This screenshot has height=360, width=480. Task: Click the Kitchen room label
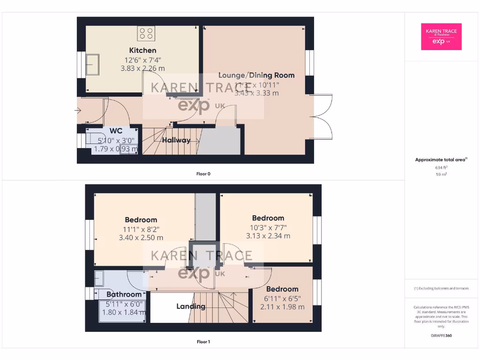pos(143,50)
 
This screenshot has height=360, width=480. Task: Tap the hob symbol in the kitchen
pos(146,33)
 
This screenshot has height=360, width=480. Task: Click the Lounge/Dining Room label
pos(256,75)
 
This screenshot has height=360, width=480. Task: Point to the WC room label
pos(116,131)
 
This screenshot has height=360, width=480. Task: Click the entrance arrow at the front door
pos(78,111)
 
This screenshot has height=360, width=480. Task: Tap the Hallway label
pos(176,140)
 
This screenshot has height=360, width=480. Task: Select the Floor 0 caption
pos(203,174)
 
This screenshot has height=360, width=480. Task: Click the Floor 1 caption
pos(203,342)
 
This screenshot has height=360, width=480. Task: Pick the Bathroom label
pos(124,294)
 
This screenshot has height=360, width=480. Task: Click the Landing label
pos(191,307)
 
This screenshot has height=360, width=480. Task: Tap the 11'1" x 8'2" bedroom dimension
pos(141,229)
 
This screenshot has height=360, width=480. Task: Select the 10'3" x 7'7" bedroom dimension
pos(268,227)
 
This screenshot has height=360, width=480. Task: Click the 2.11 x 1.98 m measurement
pos(282,307)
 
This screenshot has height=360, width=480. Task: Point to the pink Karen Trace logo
pos(441,37)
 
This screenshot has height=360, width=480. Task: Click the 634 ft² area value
pos(441,167)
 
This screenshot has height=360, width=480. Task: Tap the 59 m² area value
pos(441,174)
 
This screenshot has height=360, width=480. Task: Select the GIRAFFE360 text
pos(441,336)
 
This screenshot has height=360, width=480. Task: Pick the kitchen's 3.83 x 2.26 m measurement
pos(143,68)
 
